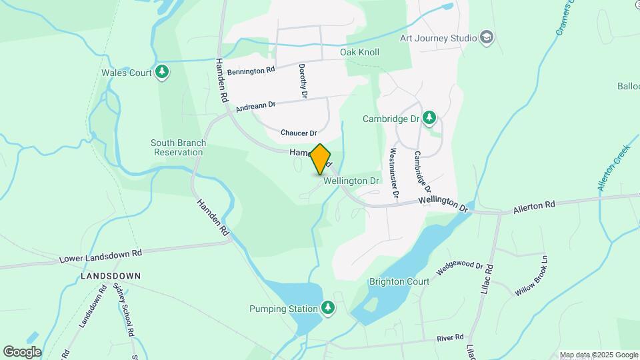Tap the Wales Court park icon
161,72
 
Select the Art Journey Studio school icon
487,37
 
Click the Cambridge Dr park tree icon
429,119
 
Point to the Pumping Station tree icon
327,308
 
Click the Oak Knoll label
359,52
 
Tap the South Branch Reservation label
178,147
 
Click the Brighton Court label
399,281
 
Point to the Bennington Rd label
251,70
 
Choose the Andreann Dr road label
256,104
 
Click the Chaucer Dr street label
298,133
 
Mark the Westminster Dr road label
393,174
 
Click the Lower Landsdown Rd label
101,255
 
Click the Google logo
22,352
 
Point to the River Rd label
450,338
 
